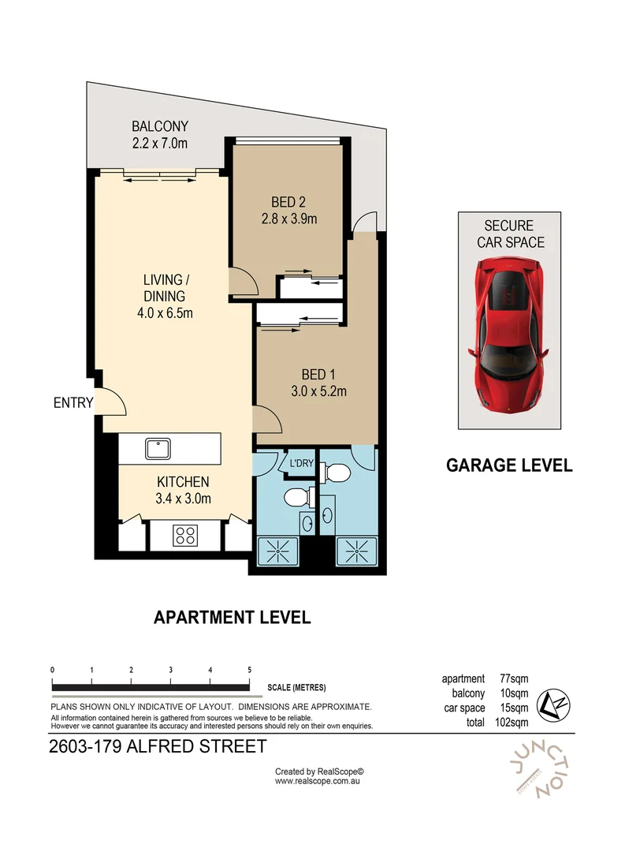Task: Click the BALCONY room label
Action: [x=160, y=126]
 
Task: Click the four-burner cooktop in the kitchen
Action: [x=185, y=536]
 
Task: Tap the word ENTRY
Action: [x=73, y=403]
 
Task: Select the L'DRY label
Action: [x=301, y=463]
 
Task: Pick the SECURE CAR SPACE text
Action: [x=510, y=234]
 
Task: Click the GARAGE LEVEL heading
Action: [x=509, y=465]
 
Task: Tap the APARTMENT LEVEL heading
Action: [x=232, y=617]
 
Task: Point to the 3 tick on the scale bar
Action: [x=171, y=670]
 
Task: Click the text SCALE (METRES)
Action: [x=296, y=687]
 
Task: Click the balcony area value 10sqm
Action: [x=514, y=693]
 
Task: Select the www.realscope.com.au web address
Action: [x=318, y=781]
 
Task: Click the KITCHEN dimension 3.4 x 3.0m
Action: [x=183, y=498]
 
